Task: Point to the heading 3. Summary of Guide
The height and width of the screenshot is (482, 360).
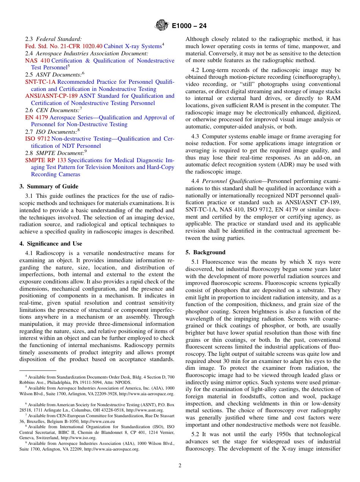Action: pyautogui.click(x=49, y=186)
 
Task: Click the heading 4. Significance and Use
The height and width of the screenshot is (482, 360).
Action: pyautogui.click(x=50, y=244)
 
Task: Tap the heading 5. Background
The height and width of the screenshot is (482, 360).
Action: pyautogui.click(x=205, y=252)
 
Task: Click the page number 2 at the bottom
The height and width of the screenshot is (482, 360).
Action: pyautogui.click(x=180, y=466)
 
